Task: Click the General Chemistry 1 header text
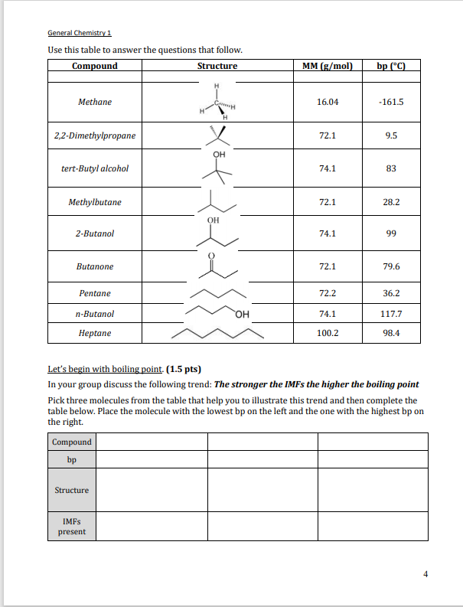point(80,33)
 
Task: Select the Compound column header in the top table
point(95,66)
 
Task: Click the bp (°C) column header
point(390,66)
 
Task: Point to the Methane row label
point(95,102)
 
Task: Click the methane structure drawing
point(217,102)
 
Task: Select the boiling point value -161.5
point(390,102)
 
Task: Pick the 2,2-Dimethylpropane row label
point(95,135)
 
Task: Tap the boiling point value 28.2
point(390,202)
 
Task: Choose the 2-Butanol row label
point(95,233)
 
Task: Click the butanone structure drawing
point(217,266)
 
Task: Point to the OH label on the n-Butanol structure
point(243,315)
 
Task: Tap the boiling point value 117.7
point(390,314)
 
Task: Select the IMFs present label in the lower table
point(72,526)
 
